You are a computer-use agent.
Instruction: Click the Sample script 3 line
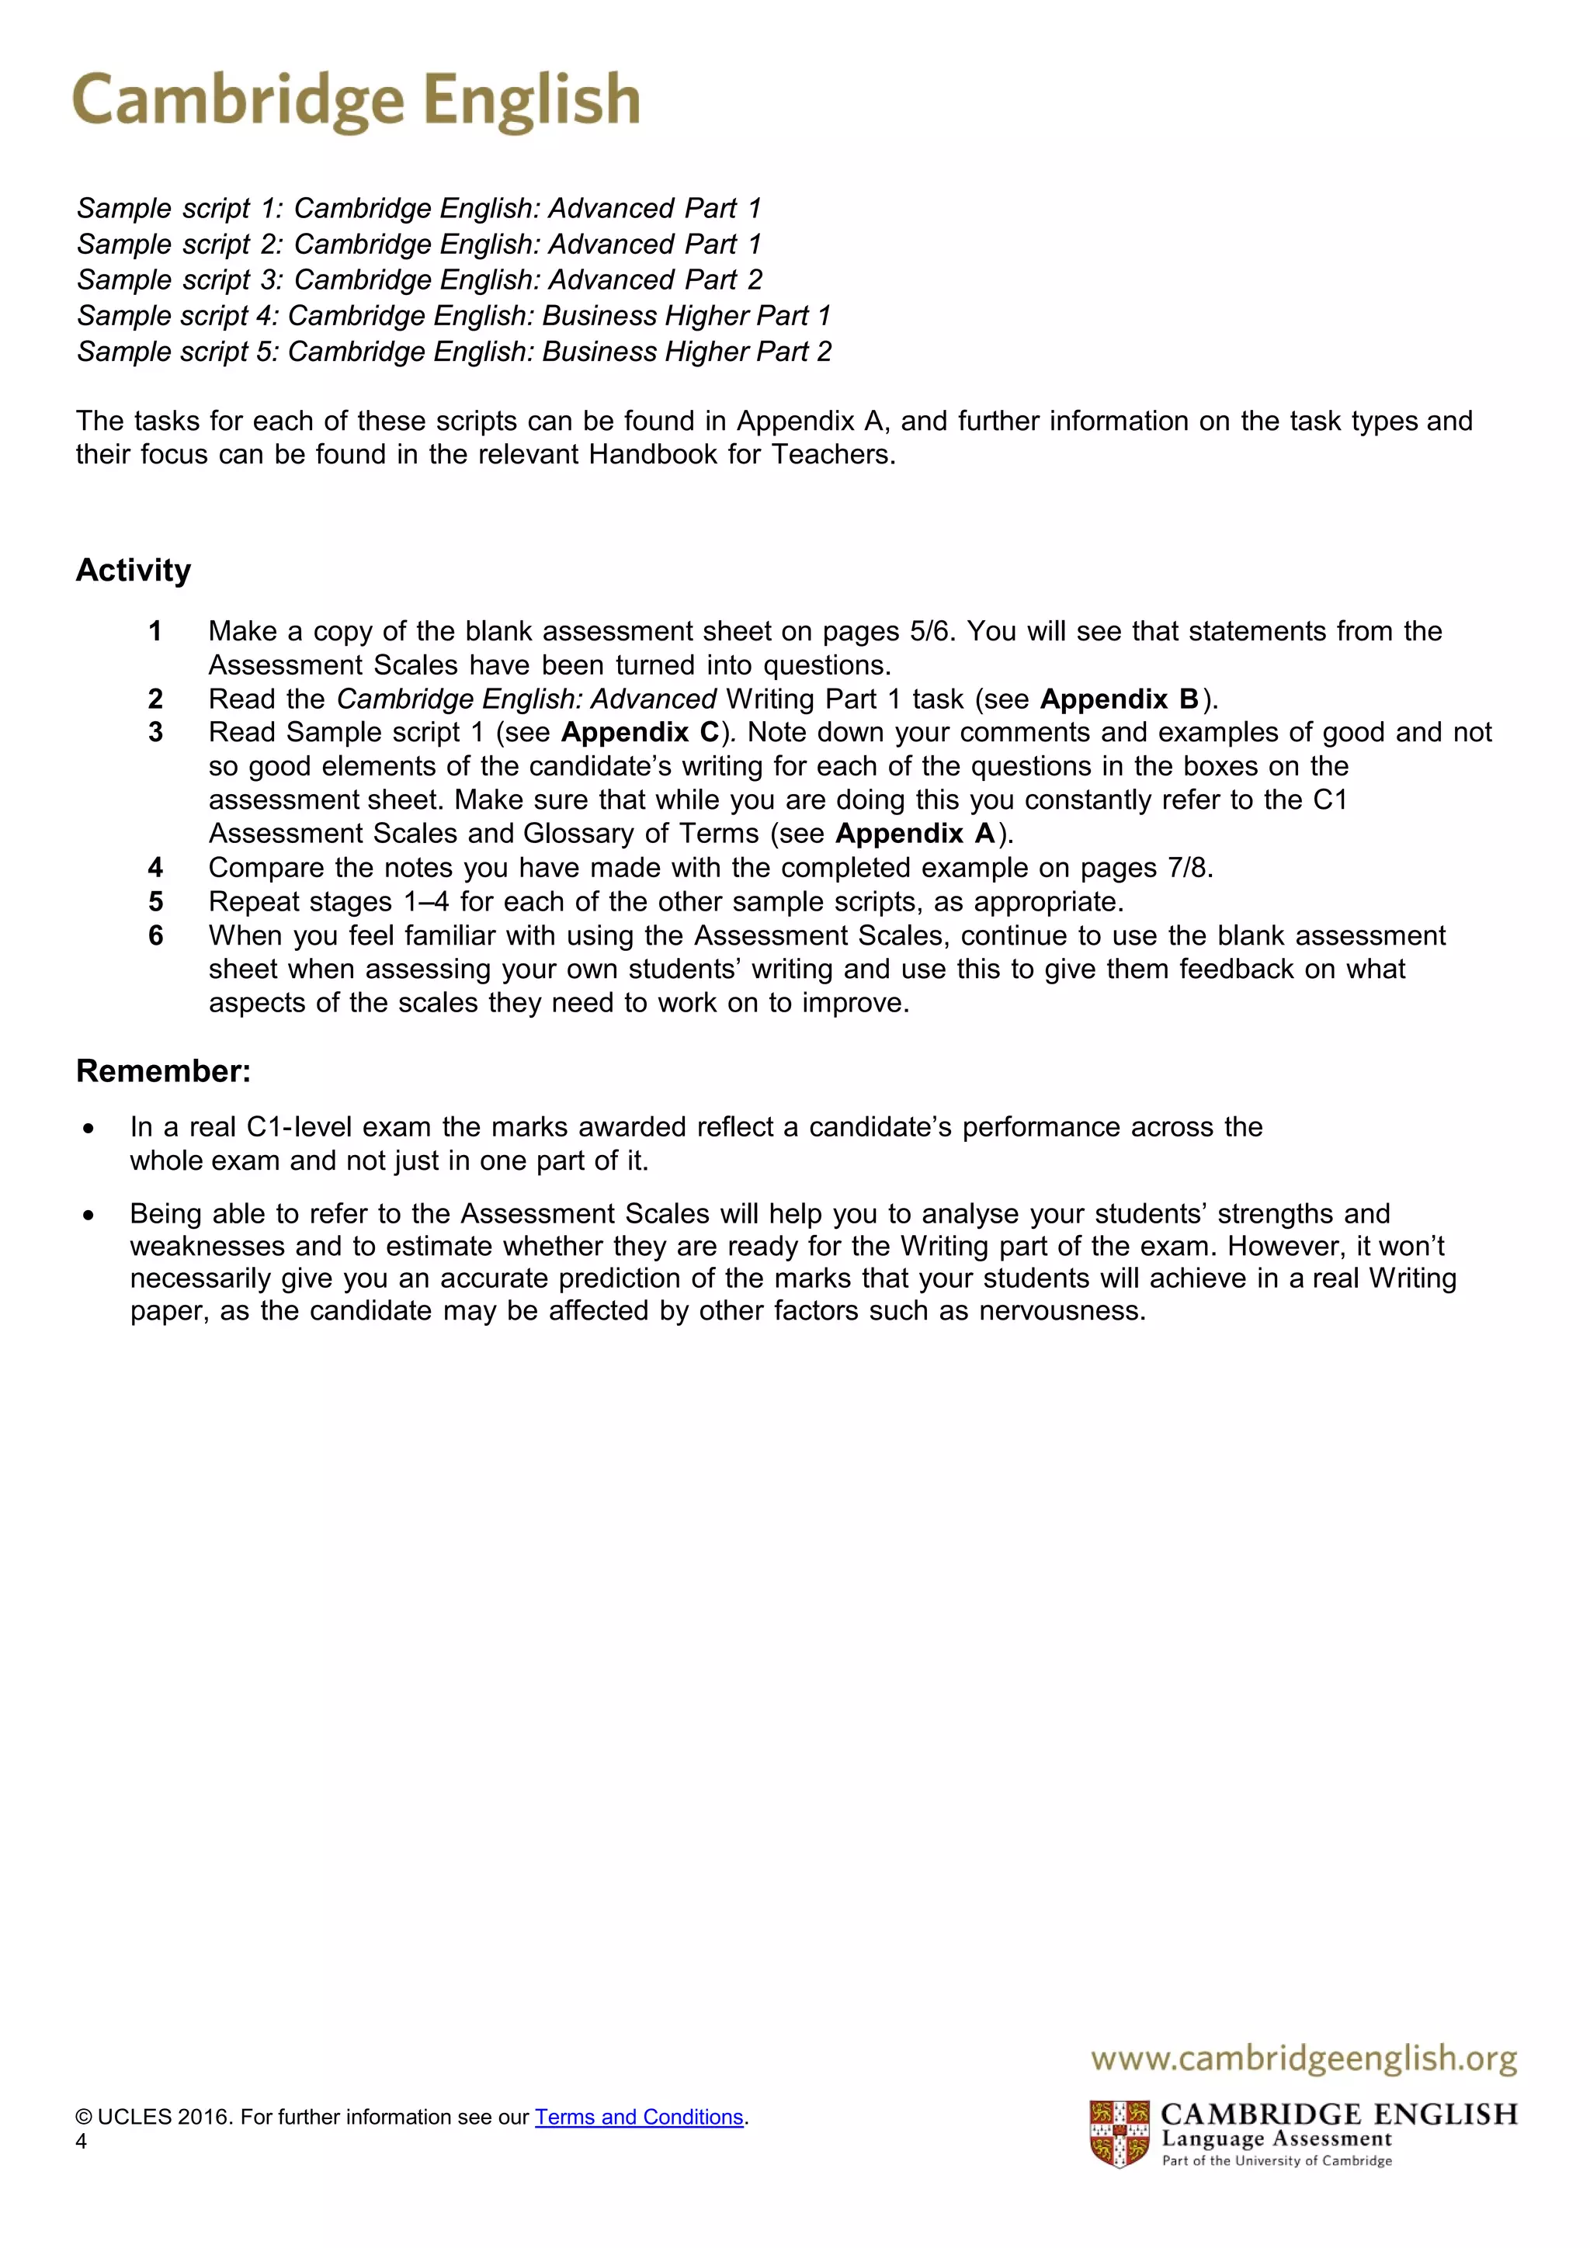point(419,280)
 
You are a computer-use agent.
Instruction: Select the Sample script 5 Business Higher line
point(453,352)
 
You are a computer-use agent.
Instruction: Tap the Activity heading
point(134,571)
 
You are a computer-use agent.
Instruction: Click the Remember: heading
point(164,1071)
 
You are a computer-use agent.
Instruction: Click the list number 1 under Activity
point(154,632)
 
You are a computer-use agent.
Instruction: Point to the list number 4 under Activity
point(154,868)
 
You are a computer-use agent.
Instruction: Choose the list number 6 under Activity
point(154,936)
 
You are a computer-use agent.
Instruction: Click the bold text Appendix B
point(1119,699)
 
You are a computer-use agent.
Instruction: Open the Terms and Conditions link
point(639,2118)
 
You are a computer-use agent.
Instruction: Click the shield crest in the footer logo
point(1119,2135)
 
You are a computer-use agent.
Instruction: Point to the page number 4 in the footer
point(82,2142)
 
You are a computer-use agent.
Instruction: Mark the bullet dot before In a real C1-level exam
point(89,1129)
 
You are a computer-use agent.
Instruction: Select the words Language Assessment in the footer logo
point(1276,2139)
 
